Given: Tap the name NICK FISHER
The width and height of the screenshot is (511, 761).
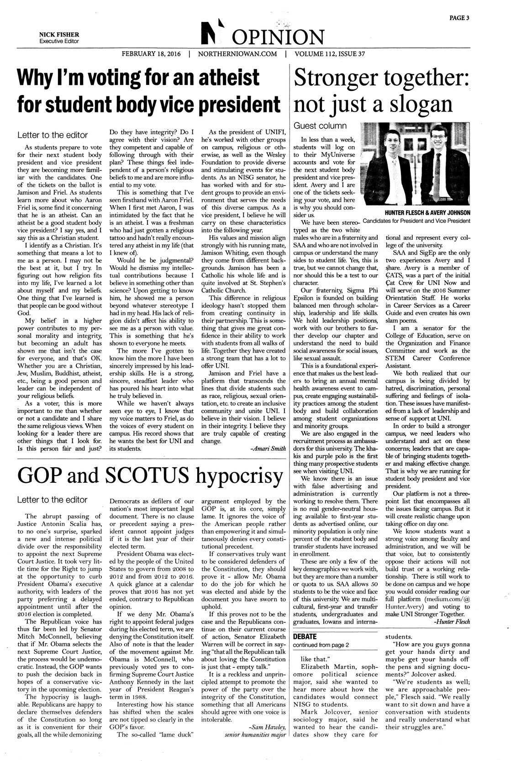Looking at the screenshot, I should tap(58, 34).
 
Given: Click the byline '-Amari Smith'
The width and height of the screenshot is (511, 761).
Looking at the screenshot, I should tap(269, 449).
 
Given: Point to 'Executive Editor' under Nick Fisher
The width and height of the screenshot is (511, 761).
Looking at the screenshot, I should tap(58, 41).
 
